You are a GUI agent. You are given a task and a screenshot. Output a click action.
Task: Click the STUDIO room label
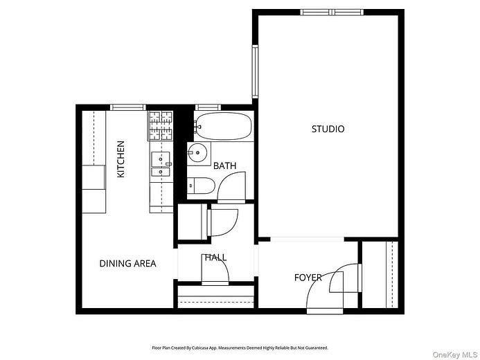(x=328, y=129)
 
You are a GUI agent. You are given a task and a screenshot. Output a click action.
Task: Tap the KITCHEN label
(x=121, y=159)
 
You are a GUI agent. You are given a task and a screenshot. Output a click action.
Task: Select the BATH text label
(x=224, y=166)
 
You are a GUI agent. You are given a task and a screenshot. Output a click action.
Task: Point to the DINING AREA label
(x=127, y=264)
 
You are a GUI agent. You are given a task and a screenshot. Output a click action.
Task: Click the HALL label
(x=215, y=258)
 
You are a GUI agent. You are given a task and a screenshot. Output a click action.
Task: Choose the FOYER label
(x=308, y=278)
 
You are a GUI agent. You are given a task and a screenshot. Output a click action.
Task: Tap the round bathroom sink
(x=198, y=153)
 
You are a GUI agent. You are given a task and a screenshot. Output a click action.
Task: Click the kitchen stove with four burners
(x=160, y=126)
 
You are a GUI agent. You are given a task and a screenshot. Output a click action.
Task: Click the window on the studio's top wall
(x=332, y=12)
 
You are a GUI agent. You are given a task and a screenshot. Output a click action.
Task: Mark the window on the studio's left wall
(x=255, y=72)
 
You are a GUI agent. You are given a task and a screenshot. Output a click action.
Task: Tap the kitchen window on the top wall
(x=128, y=107)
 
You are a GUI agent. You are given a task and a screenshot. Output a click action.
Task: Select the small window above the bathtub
(x=207, y=107)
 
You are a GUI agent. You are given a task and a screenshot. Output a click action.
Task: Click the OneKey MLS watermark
(x=455, y=354)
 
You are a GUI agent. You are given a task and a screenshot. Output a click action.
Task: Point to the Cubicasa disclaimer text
(x=240, y=348)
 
